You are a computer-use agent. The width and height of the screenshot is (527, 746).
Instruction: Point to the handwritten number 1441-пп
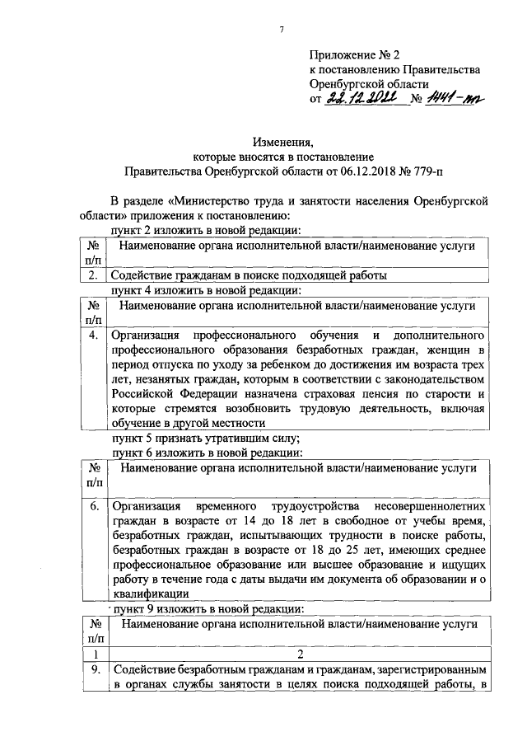pyautogui.click(x=452, y=99)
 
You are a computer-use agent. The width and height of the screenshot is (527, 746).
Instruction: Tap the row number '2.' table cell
pyautogui.click(x=94, y=276)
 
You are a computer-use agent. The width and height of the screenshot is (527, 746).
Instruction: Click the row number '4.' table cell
pyautogui.click(x=94, y=336)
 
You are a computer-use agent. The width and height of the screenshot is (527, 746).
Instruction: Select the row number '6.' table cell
pyautogui.click(x=94, y=504)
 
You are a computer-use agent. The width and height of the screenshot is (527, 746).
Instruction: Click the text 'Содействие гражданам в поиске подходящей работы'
pyautogui.click(x=249, y=276)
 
